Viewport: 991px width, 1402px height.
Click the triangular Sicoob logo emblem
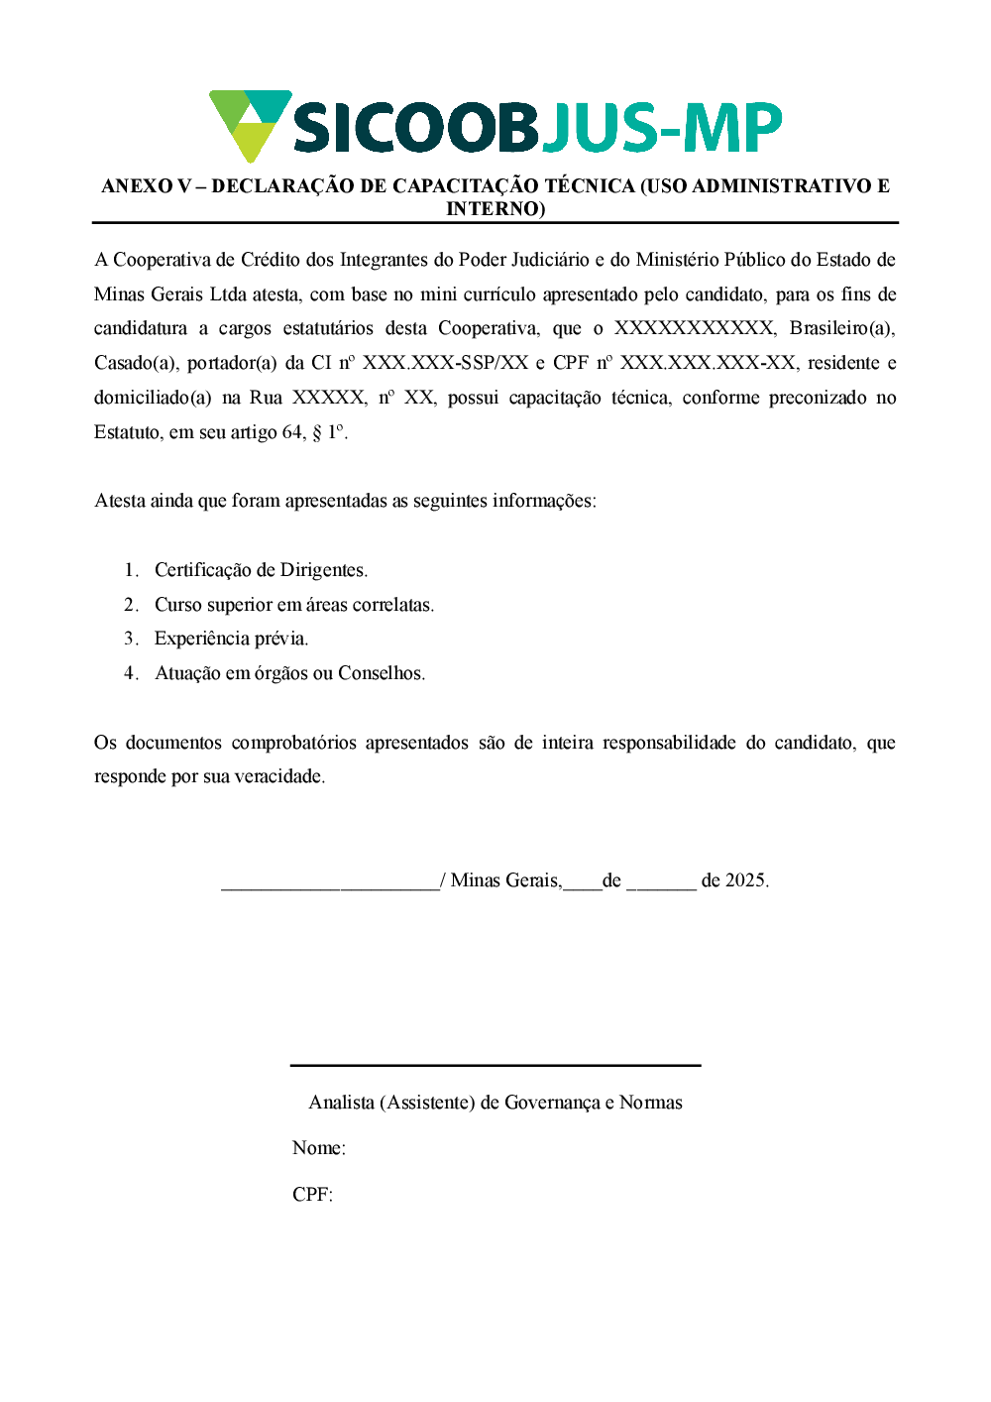pos(249,124)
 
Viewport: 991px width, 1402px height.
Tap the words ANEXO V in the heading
pos(146,186)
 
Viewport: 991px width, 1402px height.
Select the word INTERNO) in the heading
pos(495,209)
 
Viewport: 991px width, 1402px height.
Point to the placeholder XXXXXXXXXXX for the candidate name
pos(694,328)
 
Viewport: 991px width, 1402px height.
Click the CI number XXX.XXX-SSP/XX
pos(445,363)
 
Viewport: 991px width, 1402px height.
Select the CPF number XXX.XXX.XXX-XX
pos(708,363)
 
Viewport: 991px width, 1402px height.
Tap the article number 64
pos(293,432)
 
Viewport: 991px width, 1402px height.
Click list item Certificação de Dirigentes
pos(261,570)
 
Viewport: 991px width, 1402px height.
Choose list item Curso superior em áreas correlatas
pos(294,605)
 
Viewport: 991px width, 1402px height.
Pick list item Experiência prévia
pos(231,639)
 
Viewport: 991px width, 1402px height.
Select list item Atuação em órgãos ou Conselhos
pos(289,673)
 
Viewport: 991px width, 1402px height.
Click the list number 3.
pos(130,639)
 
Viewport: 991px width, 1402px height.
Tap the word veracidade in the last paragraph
pos(276,776)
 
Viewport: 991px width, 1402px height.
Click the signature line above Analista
pos(495,1066)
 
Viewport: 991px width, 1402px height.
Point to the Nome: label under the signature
pos(318,1148)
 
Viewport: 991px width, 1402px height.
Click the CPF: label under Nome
pos(312,1195)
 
